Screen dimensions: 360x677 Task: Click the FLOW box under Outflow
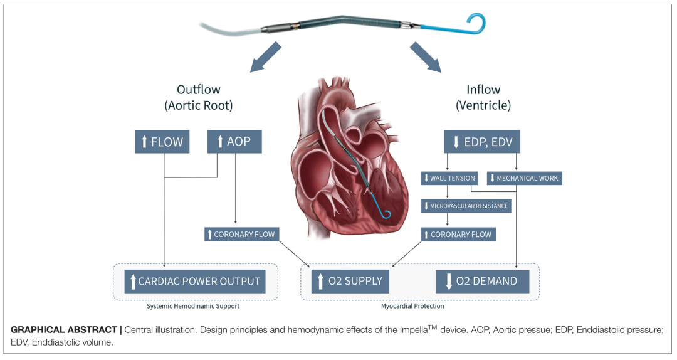(162, 142)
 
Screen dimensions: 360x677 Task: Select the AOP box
(234, 142)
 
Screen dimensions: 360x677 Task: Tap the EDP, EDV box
(481, 142)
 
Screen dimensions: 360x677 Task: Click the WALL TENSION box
(449, 178)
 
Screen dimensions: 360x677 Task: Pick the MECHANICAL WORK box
(524, 178)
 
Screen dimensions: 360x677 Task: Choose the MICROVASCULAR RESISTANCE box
(466, 206)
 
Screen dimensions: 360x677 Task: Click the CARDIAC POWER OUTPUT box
(194, 281)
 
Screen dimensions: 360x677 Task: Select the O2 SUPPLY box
(350, 281)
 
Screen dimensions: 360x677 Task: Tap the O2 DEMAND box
(482, 281)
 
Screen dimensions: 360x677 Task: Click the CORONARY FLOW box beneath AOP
(241, 234)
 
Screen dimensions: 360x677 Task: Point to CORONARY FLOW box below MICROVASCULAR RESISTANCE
(458, 234)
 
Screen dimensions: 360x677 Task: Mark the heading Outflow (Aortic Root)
(199, 98)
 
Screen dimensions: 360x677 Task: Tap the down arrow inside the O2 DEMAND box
(449, 282)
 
